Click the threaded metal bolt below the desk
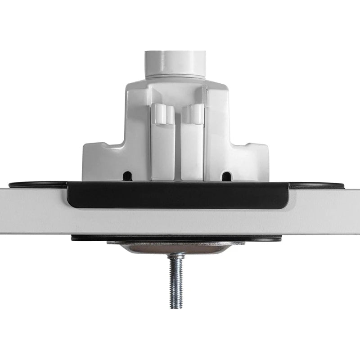tap(176, 279)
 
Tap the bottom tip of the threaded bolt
tap(176, 307)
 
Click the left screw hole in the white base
tap(128, 175)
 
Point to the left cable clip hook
tap(162, 114)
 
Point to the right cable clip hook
tap(192, 114)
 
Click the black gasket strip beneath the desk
tap(90, 238)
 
